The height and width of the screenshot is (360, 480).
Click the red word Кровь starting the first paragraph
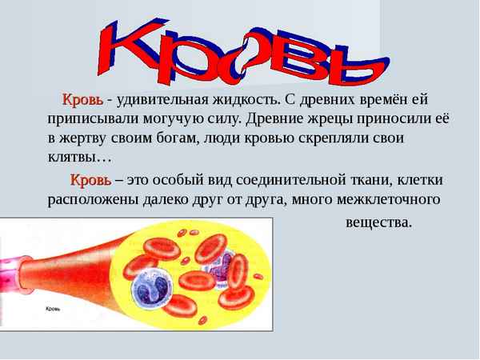82,100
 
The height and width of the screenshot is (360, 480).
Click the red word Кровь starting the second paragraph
90,179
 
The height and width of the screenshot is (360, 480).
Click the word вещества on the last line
378,222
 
